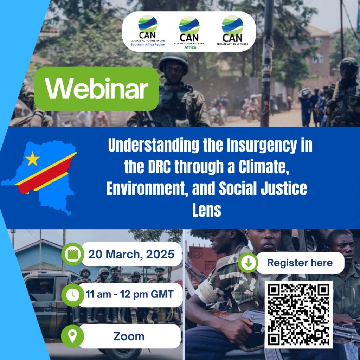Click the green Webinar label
[x=96, y=89]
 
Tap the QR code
[x=298, y=314]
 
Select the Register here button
[x=300, y=263]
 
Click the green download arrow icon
[x=248, y=263]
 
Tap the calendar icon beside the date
[x=73, y=254]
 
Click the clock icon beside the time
[x=73, y=295]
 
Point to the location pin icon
[x=72, y=336]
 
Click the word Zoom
[x=129, y=336]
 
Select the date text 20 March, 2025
[x=131, y=255]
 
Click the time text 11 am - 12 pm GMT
[x=129, y=294]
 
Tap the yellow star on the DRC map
[x=32, y=159]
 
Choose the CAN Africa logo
[x=189, y=32]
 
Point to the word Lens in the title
[x=207, y=210]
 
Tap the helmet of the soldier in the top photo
[x=174, y=59]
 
